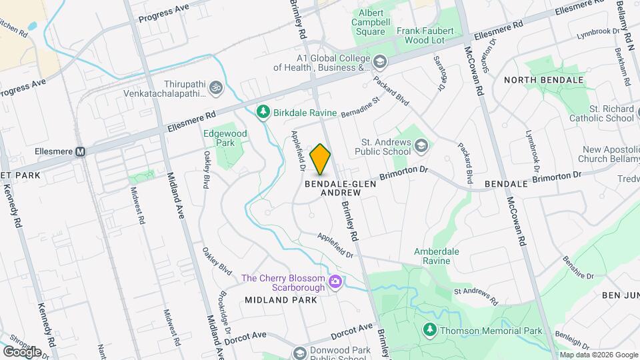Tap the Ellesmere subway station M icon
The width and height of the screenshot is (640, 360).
coord(80,152)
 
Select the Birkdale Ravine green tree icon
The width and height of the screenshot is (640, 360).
coord(264,112)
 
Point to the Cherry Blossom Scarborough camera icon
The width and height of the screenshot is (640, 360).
coord(335,283)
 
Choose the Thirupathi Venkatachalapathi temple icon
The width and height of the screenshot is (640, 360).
coord(215,87)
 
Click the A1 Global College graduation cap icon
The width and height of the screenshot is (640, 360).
coord(379,62)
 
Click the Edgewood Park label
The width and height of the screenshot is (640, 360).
coord(225,138)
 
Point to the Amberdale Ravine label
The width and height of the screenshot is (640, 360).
coord(437,257)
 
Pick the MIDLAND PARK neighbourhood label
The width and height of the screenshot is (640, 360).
coord(280,300)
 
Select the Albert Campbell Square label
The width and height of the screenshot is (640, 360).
coord(372,22)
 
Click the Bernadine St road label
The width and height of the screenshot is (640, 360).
coord(359,108)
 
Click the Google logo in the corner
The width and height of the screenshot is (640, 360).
coord(22,351)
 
